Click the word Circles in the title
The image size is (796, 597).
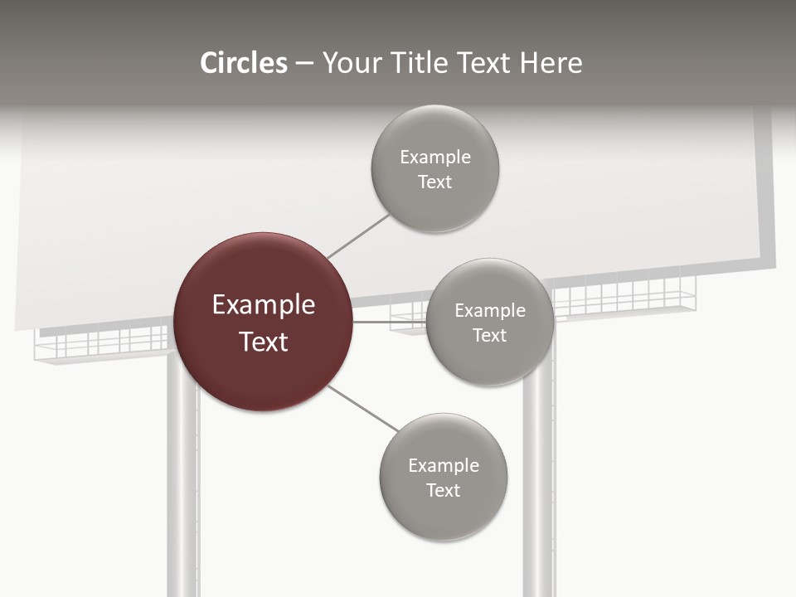243,63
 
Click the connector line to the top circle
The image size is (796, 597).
358,236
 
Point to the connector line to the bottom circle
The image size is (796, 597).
362,408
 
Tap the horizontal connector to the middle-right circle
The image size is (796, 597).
389,322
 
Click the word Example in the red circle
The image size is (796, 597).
263,305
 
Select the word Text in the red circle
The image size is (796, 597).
263,342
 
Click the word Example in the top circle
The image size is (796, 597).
434,157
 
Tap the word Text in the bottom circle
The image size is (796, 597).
443,490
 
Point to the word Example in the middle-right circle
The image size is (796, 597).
489,310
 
